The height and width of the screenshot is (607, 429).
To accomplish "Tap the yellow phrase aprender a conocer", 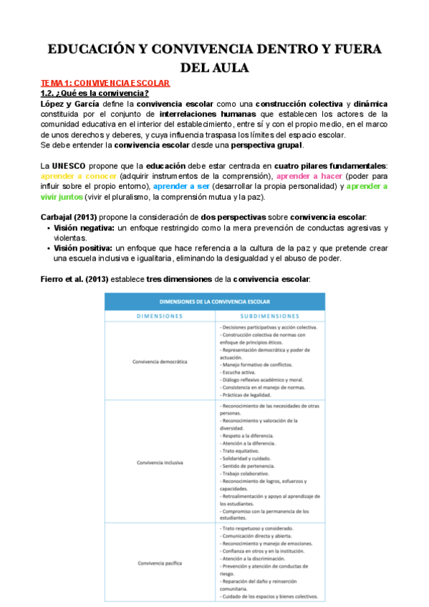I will [78, 176].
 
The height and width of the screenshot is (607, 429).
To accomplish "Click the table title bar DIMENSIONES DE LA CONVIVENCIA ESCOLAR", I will [214, 302].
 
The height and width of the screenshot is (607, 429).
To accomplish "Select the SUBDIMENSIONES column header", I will [270, 315].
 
